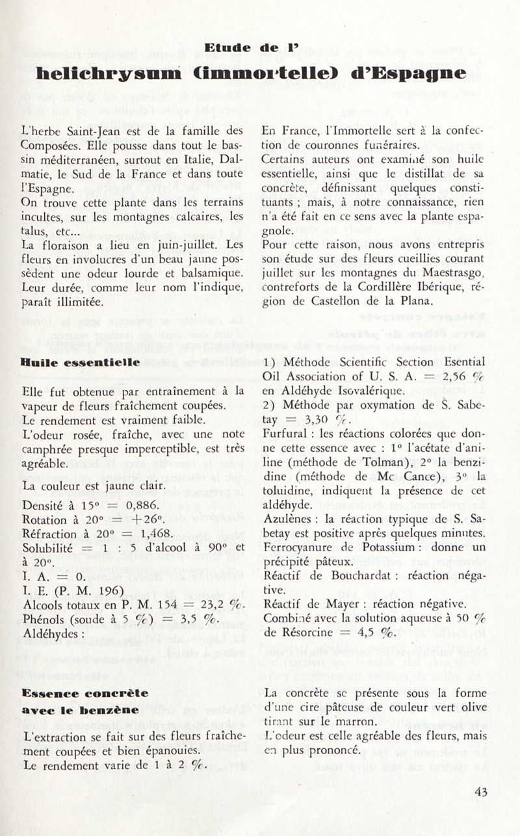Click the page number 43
[481, 792]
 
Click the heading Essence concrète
[84, 693]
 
